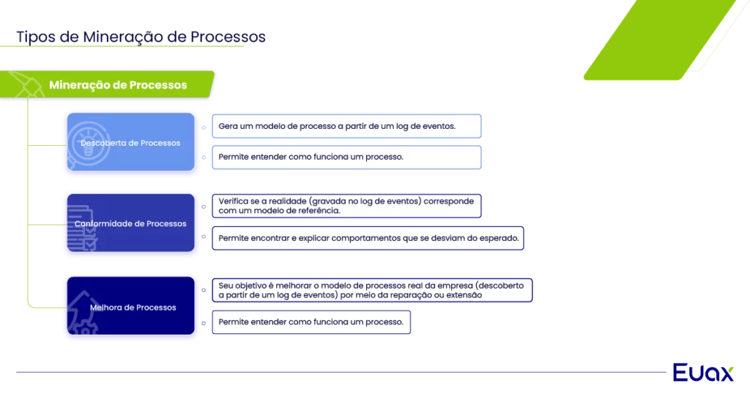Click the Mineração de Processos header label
point(118,85)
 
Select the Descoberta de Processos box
point(131,142)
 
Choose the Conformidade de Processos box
point(131,223)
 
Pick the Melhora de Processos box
point(131,307)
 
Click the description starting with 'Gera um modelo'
point(346,126)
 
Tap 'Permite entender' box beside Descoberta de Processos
point(346,157)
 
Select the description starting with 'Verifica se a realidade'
point(346,206)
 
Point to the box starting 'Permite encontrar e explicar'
point(368,239)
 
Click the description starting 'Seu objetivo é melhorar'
point(371,291)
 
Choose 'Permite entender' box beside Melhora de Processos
point(311,322)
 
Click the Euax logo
point(702,372)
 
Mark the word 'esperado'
point(500,239)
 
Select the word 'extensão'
point(464,296)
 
